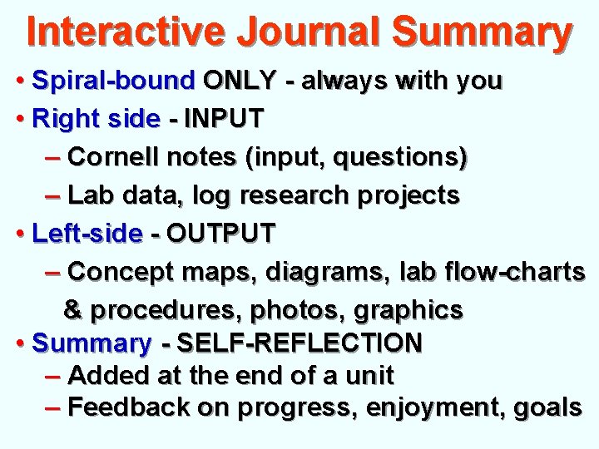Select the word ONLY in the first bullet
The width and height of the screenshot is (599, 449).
(x=240, y=81)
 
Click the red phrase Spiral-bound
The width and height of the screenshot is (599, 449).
(x=112, y=81)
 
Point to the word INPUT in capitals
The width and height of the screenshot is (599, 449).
(x=224, y=119)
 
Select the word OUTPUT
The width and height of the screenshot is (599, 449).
(x=220, y=234)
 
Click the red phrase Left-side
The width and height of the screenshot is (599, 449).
(x=87, y=234)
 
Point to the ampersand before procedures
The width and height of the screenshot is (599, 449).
(x=72, y=310)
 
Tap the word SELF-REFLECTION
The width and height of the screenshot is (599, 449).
(x=300, y=343)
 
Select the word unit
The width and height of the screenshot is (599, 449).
(x=369, y=375)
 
